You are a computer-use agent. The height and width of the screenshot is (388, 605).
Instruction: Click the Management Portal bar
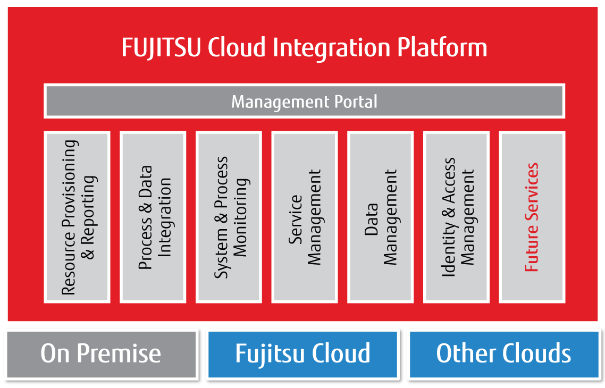click(x=304, y=101)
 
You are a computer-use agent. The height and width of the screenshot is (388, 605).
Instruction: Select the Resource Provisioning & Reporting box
click(x=77, y=217)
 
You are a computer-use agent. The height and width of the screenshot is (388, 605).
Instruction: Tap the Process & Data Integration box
click(x=153, y=217)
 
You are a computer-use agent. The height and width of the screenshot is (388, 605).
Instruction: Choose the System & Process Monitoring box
click(x=229, y=217)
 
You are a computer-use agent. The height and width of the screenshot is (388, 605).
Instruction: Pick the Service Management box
click(x=305, y=217)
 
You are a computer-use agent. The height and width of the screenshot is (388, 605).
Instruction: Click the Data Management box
click(x=380, y=217)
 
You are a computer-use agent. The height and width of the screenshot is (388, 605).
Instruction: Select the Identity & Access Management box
click(x=456, y=217)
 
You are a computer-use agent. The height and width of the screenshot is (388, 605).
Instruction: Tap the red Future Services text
click(x=532, y=217)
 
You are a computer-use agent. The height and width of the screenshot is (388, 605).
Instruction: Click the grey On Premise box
click(x=101, y=353)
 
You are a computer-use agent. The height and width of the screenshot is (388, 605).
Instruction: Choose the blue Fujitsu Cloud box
click(x=302, y=353)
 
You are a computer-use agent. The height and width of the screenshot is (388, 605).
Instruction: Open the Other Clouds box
click(x=503, y=353)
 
